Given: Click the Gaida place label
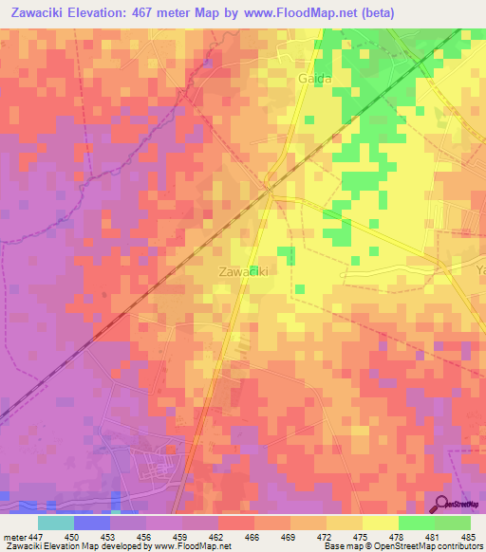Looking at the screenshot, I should point(315,79).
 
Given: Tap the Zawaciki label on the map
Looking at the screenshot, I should point(242,271).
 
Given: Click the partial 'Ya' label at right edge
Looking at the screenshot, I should point(479,270).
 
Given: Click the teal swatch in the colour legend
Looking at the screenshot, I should point(56,523).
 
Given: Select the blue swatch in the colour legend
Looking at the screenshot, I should point(92,523).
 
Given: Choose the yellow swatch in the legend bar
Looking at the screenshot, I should point(380,523).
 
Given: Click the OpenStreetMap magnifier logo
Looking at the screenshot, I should point(441,506).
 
